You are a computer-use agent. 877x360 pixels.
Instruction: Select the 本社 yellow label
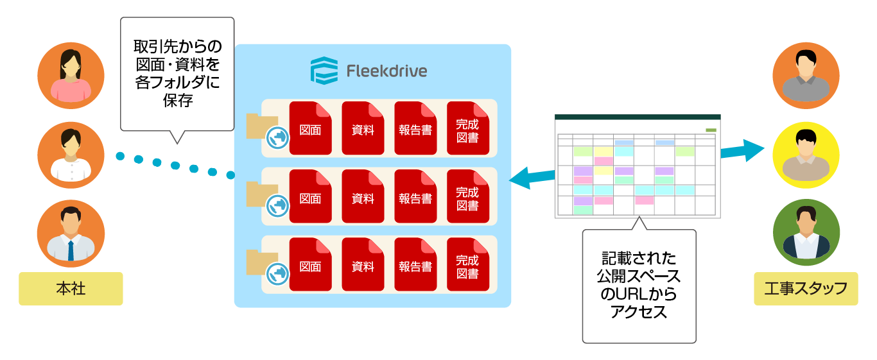click(71, 289)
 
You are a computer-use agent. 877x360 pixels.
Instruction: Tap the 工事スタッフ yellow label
click(806, 288)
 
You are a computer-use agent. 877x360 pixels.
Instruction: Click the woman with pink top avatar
click(71, 76)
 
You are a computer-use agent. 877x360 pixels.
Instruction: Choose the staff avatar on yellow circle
click(806, 155)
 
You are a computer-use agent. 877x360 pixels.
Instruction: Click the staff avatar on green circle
click(806, 233)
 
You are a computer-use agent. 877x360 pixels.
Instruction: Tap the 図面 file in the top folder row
click(311, 128)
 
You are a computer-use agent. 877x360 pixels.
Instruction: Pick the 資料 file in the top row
click(363, 128)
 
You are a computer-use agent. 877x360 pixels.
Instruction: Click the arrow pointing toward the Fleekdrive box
click(532, 178)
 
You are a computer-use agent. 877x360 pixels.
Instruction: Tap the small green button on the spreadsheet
click(711, 130)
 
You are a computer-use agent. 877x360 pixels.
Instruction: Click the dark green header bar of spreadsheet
click(638, 117)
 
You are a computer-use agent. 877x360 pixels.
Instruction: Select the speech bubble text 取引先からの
click(177, 47)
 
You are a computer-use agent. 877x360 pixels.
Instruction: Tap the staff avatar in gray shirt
click(806, 76)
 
